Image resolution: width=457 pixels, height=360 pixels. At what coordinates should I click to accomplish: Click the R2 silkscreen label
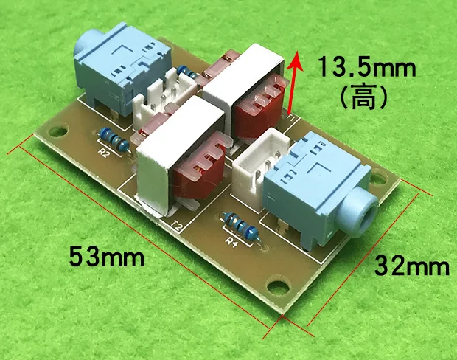(103, 153)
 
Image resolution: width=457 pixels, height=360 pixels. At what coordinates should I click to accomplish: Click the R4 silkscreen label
(231, 240)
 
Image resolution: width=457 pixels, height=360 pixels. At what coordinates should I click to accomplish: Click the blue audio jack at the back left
(118, 65)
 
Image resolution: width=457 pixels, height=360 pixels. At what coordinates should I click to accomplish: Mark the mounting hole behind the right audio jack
(381, 177)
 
